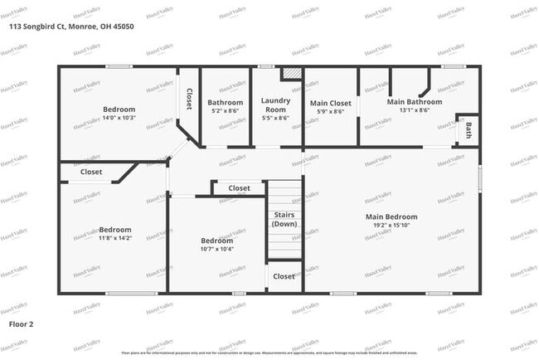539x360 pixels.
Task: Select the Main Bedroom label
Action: [x=391, y=217]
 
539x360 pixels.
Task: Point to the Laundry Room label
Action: [x=275, y=105]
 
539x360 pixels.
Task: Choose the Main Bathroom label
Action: [x=415, y=102]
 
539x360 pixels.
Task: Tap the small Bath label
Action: [x=469, y=129]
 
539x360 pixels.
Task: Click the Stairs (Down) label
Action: [x=284, y=220]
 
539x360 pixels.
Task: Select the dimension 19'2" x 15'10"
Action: [x=391, y=226]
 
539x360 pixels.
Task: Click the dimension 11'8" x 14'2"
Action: [x=115, y=239]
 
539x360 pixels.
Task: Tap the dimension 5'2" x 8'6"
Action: [x=225, y=111]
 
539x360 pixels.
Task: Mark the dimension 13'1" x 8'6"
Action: [x=414, y=111]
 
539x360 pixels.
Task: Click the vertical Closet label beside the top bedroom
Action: [x=188, y=100]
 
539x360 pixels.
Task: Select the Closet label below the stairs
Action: [x=284, y=276]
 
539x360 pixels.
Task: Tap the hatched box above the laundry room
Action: [x=292, y=73]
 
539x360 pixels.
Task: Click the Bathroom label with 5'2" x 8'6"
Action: [x=225, y=103]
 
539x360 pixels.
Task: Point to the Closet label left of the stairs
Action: [x=239, y=188]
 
